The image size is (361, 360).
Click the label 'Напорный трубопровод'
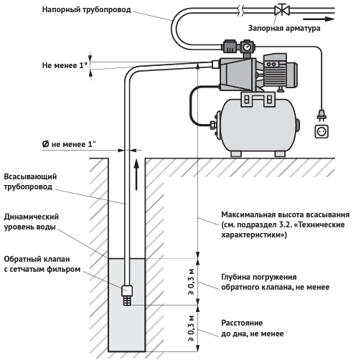coord(86,10)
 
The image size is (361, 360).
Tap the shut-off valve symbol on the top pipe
coord(282,10)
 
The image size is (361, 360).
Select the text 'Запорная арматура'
coord(284,28)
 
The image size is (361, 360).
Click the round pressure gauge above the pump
coord(247,47)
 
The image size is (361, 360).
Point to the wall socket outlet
coord(322,131)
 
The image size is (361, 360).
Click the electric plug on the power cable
coord(322,115)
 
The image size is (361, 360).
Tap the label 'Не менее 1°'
coord(65,65)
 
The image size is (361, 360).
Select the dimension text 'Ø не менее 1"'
coord(69,144)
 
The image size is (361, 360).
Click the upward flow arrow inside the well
coord(136,175)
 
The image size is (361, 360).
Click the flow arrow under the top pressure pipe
coord(319,19)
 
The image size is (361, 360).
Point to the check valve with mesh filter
coord(127,295)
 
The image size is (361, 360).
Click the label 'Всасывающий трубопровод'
coord(30,181)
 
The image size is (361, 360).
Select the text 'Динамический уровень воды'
coord(31,222)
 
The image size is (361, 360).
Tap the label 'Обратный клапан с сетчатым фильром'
coord(42,264)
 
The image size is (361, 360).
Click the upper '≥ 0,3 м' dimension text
coord(192,282)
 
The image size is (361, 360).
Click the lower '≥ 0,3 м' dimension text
coord(192,328)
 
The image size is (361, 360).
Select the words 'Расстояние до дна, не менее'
coord(253,328)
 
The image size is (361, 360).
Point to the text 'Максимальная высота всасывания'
coord(285,214)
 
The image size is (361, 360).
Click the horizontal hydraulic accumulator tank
coord(258,125)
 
